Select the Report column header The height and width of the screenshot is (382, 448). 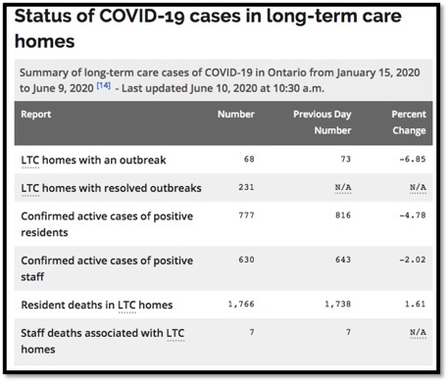tap(37, 114)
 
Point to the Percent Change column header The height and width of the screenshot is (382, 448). tap(407, 121)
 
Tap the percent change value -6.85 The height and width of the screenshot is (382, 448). tap(412, 157)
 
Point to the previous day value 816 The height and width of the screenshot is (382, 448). tap(341, 215)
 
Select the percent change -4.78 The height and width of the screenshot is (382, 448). tap(412, 215)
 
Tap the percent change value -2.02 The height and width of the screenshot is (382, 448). tap(412, 260)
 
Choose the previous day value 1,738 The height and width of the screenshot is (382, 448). tap(336, 305)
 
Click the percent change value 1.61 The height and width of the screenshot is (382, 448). tap(415, 305)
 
